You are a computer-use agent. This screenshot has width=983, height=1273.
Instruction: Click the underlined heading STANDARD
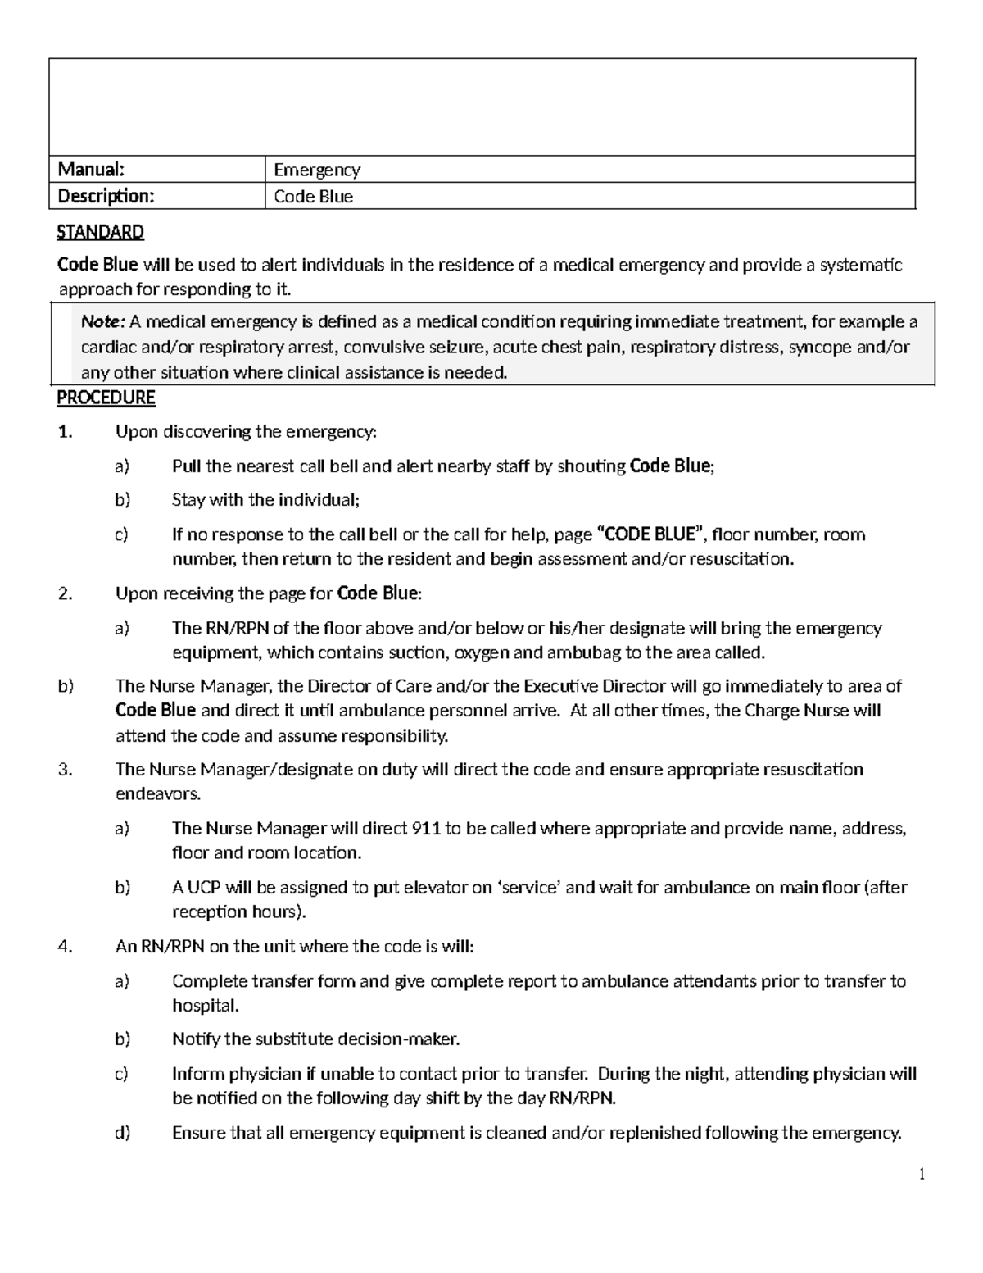[x=100, y=232]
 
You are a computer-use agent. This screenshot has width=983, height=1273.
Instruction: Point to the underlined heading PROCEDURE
[x=106, y=398]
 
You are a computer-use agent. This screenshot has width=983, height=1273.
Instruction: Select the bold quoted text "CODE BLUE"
[x=653, y=535]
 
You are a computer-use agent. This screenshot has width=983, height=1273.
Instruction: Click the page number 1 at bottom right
[x=922, y=1175]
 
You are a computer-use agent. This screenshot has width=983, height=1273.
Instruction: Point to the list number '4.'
[x=66, y=947]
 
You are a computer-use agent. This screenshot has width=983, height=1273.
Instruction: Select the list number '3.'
[x=66, y=770]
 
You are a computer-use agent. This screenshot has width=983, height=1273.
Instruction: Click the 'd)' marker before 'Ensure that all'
[x=122, y=1134]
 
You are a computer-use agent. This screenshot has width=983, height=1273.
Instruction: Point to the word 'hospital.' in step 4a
[x=206, y=1006]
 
